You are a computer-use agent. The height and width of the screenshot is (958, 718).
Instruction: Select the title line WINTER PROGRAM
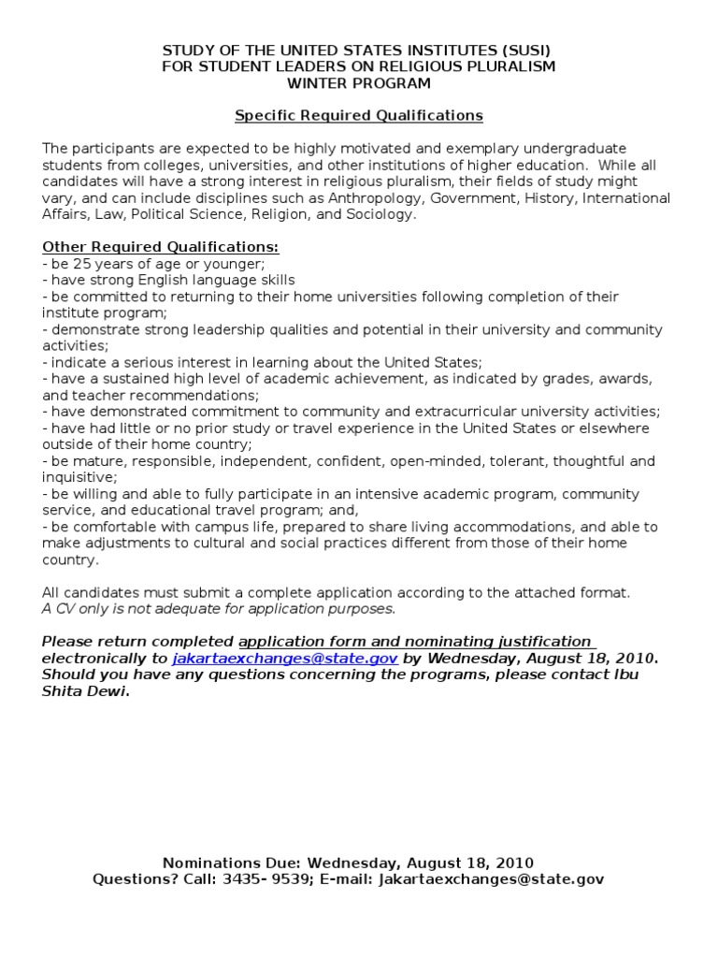click(358, 83)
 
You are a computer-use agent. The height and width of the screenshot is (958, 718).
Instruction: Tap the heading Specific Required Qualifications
click(358, 116)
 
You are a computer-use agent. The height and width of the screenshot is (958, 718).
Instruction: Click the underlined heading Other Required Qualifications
click(160, 247)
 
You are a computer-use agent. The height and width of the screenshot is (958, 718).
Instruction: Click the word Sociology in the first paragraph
click(378, 214)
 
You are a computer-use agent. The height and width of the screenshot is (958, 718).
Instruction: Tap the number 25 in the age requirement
click(81, 264)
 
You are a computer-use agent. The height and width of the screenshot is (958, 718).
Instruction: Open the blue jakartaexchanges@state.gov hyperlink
click(285, 658)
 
